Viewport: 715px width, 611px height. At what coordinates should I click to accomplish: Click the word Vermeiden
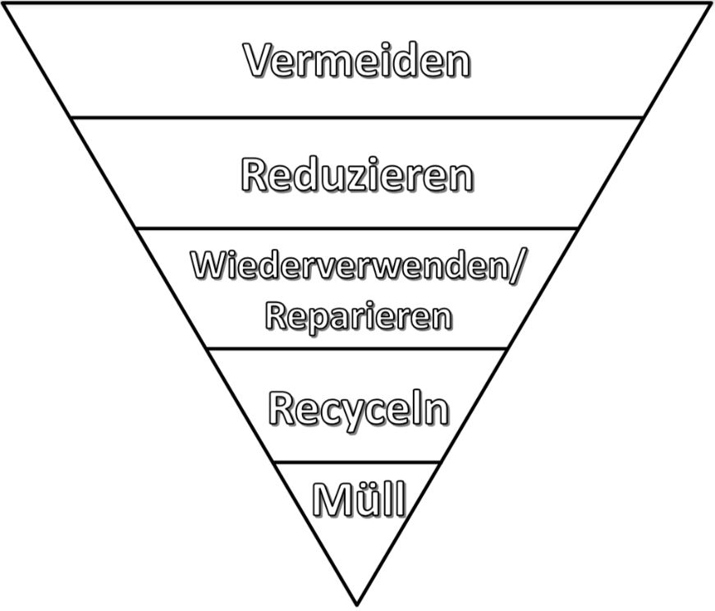tap(357, 61)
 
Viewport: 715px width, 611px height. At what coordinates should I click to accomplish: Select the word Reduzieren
tap(357, 175)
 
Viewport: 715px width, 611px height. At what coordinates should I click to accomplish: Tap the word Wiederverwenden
tap(349, 267)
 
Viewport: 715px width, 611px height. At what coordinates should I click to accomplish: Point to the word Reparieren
tap(358, 316)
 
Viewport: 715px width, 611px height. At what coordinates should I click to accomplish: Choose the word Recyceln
tap(359, 408)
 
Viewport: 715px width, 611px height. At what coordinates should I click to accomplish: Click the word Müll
tap(359, 499)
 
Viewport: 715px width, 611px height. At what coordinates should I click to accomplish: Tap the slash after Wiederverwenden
tap(515, 267)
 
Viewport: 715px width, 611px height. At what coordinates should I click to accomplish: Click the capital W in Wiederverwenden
tap(207, 267)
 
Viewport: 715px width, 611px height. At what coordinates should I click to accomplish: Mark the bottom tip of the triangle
tap(357, 604)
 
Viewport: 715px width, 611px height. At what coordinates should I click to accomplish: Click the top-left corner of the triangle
tap(6, 4)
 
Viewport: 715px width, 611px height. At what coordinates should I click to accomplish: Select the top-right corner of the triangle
tap(710, 4)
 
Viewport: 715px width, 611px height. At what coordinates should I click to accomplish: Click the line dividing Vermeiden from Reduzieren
tap(357, 117)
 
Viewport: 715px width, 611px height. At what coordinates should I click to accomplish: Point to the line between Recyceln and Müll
tap(357, 462)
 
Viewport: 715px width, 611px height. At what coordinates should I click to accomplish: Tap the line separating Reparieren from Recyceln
tap(357, 349)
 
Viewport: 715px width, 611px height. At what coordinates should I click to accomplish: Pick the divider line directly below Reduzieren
tap(357, 228)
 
